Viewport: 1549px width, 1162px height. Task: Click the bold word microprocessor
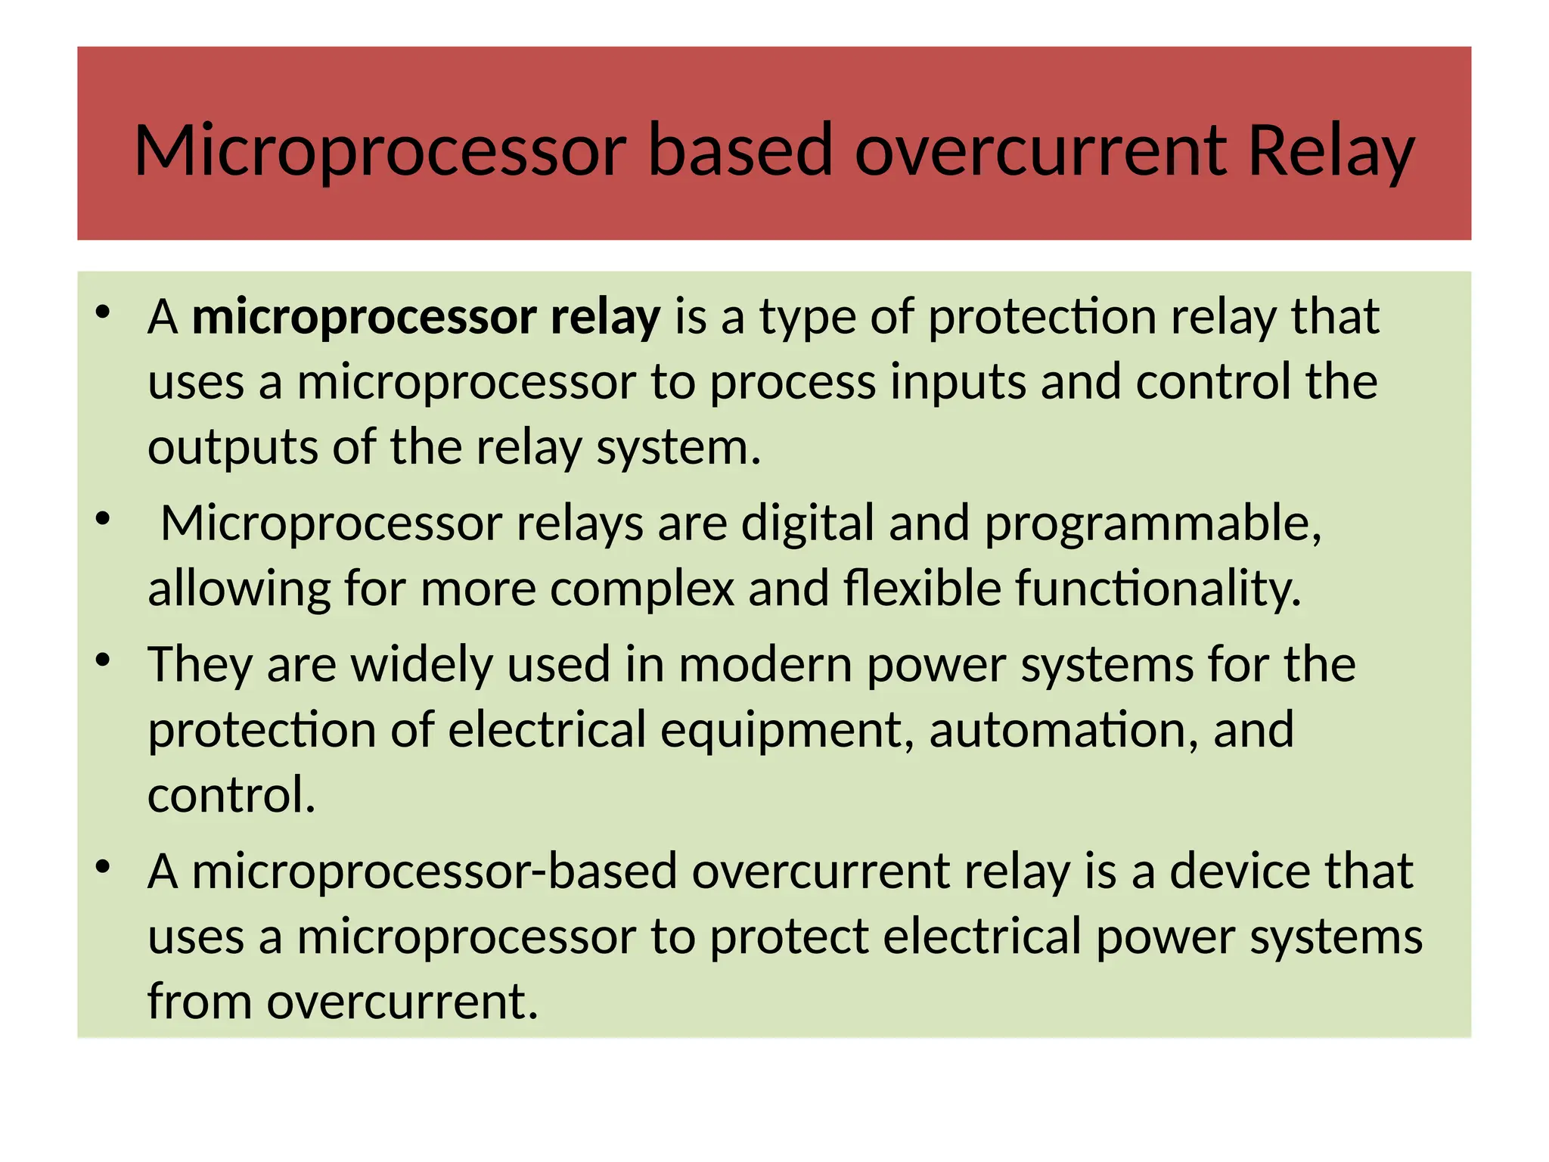point(364,318)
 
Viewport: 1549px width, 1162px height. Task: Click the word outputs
point(232,449)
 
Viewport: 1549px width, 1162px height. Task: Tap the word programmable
point(1152,524)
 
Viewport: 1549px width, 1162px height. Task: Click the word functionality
point(1157,589)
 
